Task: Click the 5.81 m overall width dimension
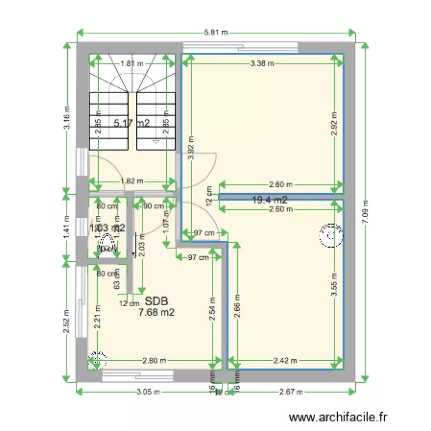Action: click(x=215, y=32)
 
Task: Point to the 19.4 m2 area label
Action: click(x=270, y=200)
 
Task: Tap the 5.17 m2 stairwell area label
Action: click(x=132, y=122)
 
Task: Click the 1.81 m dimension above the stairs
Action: click(x=132, y=64)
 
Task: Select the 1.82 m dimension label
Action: click(x=132, y=181)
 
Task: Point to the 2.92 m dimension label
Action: click(x=334, y=123)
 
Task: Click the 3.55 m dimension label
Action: click(x=334, y=282)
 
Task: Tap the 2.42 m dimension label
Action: click(x=284, y=361)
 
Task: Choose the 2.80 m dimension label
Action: click(x=155, y=361)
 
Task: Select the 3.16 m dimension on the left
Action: click(x=68, y=118)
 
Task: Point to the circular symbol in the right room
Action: click(x=329, y=235)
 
